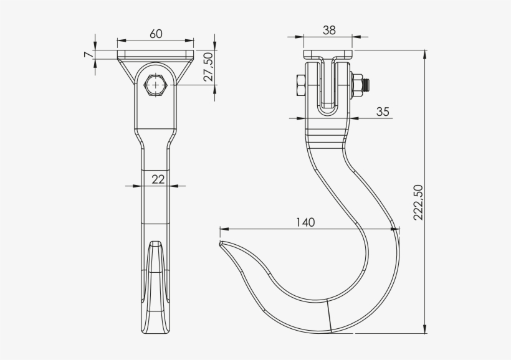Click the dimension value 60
click(156, 34)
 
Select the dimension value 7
click(88, 55)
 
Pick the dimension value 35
click(383, 111)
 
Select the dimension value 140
click(305, 222)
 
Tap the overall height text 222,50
click(418, 202)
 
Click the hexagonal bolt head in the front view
click(155, 85)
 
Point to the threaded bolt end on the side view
click(368, 84)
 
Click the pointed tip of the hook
click(221, 243)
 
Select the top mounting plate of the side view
click(328, 55)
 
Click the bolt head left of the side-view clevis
click(300, 85)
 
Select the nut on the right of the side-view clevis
click(357, 85)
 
